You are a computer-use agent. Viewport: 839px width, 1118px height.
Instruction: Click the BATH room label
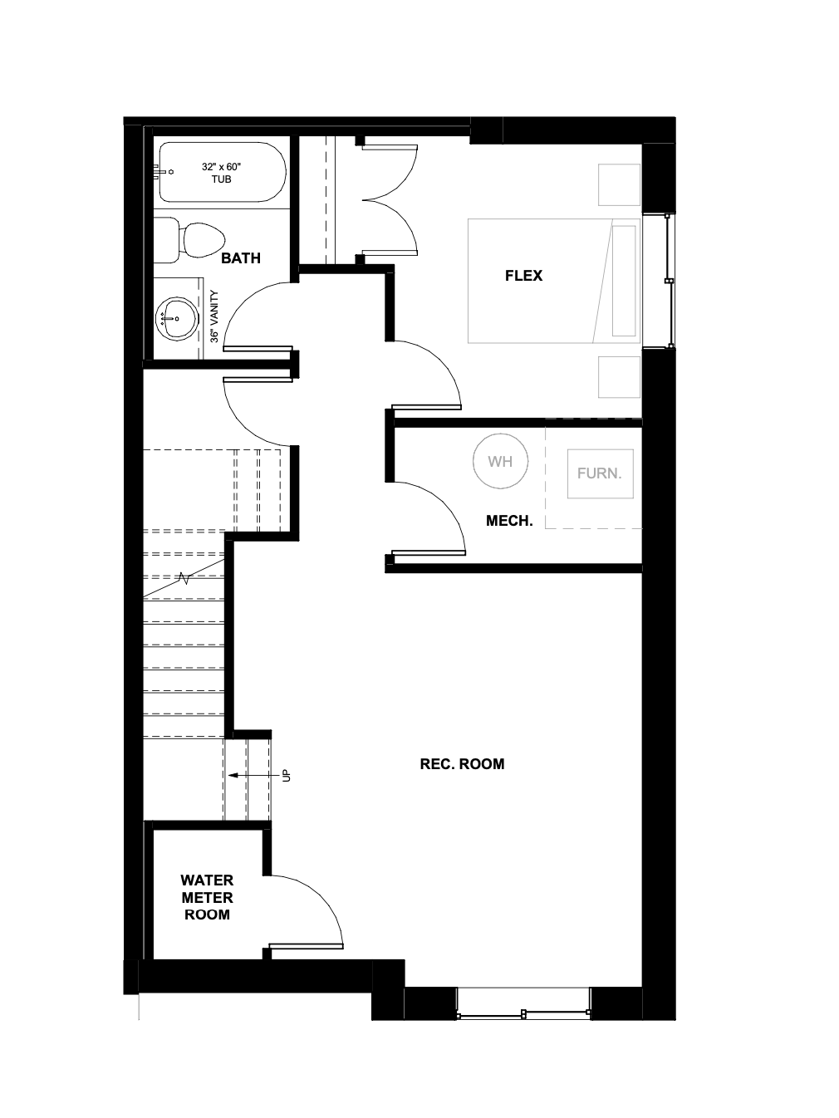tap(240, 258)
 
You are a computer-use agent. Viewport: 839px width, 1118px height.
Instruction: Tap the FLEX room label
tap(523, 276)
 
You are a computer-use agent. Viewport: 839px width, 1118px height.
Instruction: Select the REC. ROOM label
tap(462, 764)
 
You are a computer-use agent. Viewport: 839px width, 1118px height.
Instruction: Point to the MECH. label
tap(509, 521)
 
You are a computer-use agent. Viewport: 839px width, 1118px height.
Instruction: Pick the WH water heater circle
tap(500, 462)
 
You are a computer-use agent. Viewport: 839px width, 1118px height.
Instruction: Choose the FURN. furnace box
tap(601, 473)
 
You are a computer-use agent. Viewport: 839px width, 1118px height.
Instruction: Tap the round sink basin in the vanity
tap(176, 318)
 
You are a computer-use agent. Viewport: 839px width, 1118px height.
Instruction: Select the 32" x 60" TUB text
tap(221, 173)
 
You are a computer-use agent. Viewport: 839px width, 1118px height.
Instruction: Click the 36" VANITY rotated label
tap(214, 316)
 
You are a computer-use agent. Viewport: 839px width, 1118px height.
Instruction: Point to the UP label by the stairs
tap(287, 775)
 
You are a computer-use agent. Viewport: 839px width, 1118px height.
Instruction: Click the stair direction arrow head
tap(233, 776)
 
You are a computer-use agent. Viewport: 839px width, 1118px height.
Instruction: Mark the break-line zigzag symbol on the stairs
tap(184, 577)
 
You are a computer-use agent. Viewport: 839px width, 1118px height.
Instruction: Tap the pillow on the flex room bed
tap(624, 281)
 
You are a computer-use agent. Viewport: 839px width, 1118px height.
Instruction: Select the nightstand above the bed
tap(619, 185)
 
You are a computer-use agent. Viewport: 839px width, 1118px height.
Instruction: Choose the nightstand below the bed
tap(619, 377)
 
